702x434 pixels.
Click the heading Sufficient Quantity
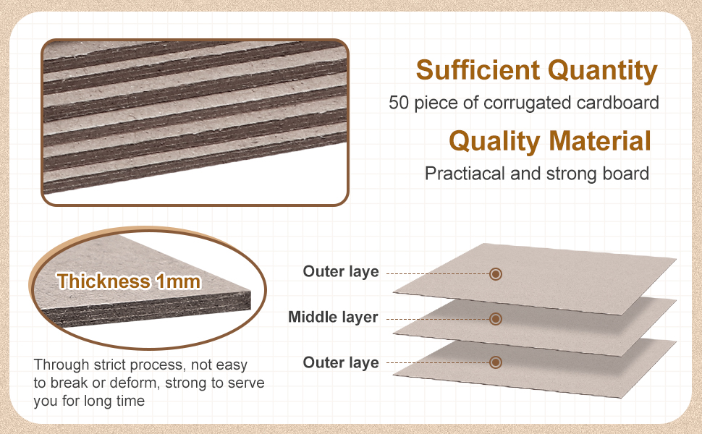[x=536, y=70]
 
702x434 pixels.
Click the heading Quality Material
[x=549, y=140]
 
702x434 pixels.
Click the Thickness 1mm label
[x=129, y=281]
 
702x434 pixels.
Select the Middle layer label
[x=333, y=317]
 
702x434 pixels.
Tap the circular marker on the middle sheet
[x=496, y=318]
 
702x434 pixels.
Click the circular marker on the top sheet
[x=496, y=273]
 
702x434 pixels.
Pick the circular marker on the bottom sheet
[x=496, y=362]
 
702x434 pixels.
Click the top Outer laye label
[x=341, y=272]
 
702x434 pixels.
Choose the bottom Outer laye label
[x=341, y=362]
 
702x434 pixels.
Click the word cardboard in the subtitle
[x=623, y=103]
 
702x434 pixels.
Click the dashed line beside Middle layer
[x=434, y=318]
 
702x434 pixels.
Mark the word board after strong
[x=627, y=174]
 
